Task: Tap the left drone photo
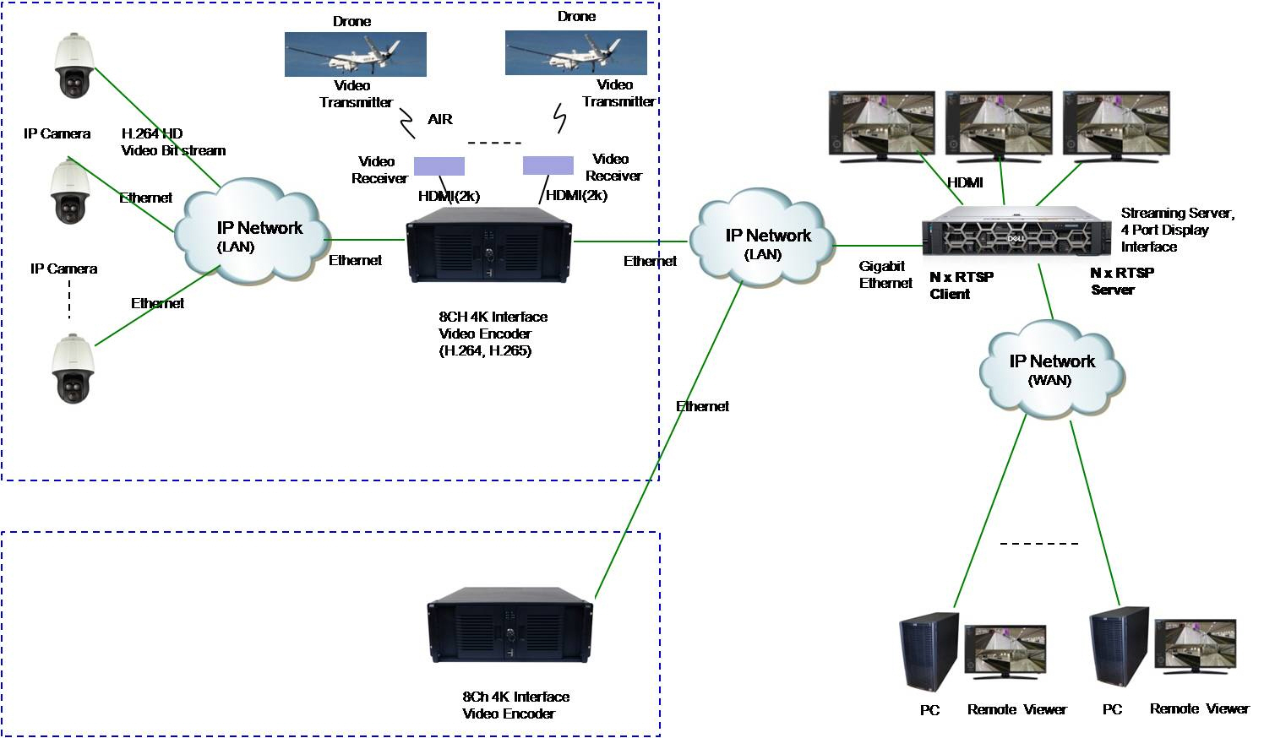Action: (355, 54)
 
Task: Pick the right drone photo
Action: (575, 52)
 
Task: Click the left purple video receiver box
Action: (439, 166)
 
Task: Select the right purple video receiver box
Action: (548, 165)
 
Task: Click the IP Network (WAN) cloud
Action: (1051, 371)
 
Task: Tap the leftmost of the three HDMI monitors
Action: (881, 126)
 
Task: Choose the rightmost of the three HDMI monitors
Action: (1115, 126)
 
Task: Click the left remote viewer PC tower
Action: (928, 653)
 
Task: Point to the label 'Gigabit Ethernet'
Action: (885, 274)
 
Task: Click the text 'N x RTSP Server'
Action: (1121, 281)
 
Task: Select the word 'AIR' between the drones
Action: (439, 119)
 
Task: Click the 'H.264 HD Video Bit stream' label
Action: (173, 142)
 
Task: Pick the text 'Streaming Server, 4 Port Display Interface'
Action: (1177, 230)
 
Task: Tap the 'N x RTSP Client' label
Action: (961, 285)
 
